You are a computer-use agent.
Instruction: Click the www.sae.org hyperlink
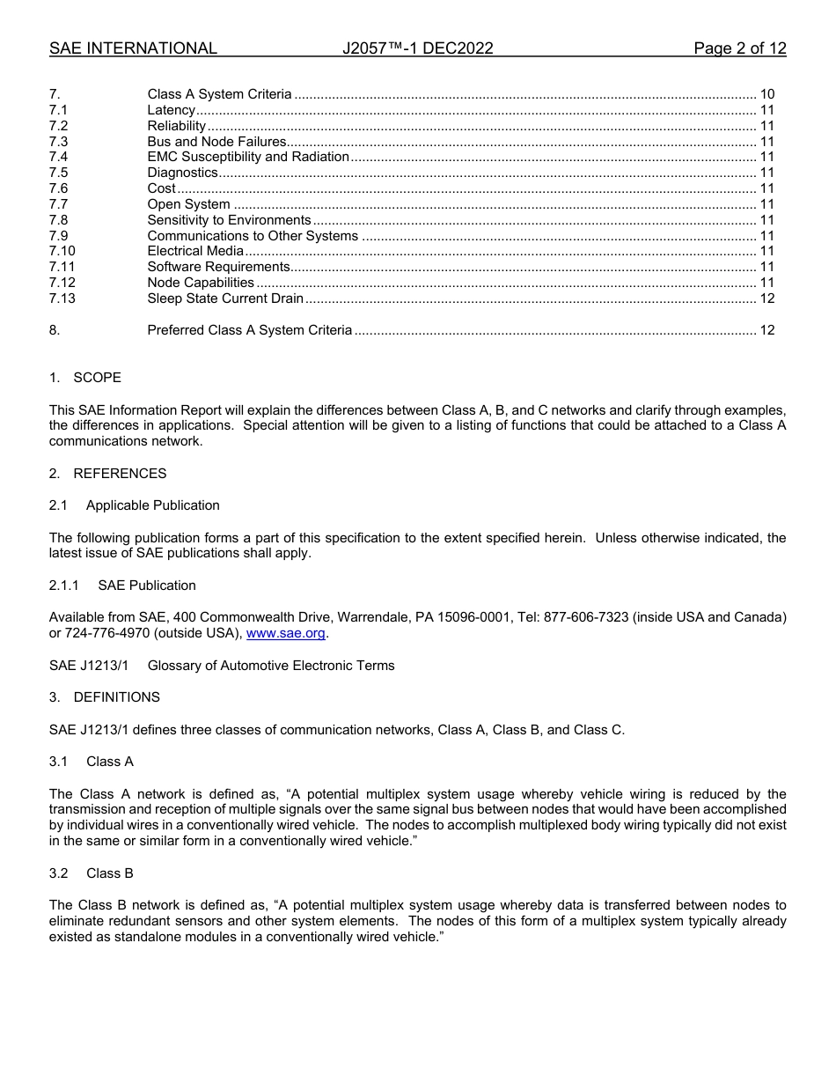[x=285, y=634]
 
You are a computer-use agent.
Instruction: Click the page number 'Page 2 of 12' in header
[x=739, y=48]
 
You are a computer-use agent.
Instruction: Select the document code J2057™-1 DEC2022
[x=417, y=48]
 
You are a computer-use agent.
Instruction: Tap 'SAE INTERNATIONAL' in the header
[x=133, y=48]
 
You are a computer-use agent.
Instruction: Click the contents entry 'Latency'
[x=171, y=110]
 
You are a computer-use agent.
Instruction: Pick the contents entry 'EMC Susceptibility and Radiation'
[x=248, y=157]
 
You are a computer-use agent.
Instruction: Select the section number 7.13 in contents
[x=62, y=298]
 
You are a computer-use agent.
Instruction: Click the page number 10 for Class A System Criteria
[x=766, y=94]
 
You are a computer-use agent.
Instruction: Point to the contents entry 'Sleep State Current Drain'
[x=225, y=298]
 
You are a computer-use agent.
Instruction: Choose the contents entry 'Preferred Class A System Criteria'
[x=250, y=330]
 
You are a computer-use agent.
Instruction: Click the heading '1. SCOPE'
[x=85, y=378]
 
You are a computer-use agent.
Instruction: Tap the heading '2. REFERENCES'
[x=107, y=474]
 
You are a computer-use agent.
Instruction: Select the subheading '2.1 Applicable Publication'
[x=135, y=505]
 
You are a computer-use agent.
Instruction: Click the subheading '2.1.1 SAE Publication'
[x=122, y=586]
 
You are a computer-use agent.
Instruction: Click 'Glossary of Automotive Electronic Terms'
[x=271, y=666]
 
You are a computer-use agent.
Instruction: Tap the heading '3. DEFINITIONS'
[x=105, y=697]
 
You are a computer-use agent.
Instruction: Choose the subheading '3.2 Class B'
[x=92, y=873]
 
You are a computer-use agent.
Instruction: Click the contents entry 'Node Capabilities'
[x=201, y=283]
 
